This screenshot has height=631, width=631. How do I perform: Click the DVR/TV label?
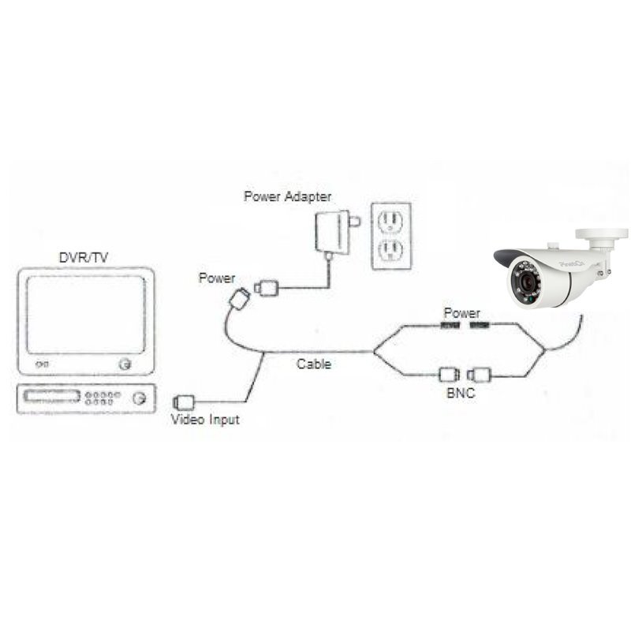(84, 258)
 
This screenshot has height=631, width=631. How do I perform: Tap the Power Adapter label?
(288, 196)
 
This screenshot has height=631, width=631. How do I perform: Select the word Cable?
(314, 364)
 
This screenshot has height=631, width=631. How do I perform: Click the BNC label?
(461, 393)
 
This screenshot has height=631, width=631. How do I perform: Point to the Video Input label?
(205, 420)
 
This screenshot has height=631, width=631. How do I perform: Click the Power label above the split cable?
(462, 313)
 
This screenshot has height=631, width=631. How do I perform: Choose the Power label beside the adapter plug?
(217, 278)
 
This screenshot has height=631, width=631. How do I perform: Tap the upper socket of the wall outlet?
(390, 222)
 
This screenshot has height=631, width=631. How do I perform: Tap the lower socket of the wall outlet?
(390, 251)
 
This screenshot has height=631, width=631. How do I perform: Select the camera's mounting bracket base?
(602, 234)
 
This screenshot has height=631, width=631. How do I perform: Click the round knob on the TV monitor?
(125, 364)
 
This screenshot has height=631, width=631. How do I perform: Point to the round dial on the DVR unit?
(140, 398)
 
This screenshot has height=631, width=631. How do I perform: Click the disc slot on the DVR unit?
(51, 396)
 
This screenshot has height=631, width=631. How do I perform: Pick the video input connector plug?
(184, 402)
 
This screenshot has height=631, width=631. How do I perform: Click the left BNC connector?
(449, 375)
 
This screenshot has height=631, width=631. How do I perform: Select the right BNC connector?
(479, 375)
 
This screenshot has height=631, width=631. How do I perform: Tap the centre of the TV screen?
(86, 315)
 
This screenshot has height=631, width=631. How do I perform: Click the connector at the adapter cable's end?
(267, 288)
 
